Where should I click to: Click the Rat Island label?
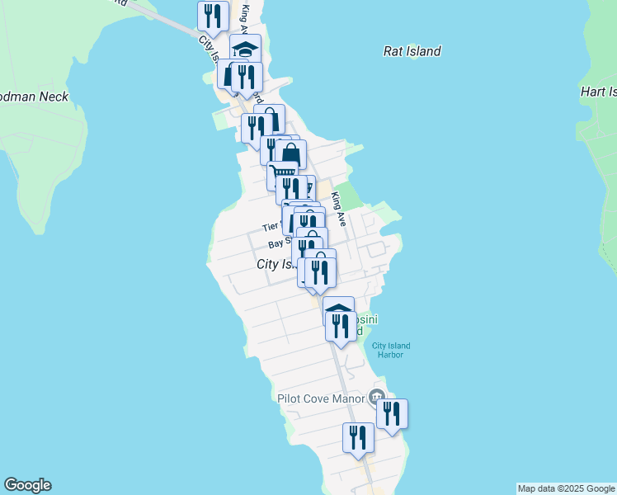click(x=412, y=51)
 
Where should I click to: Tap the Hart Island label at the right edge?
click(x=598, y=91)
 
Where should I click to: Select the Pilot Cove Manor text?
click(x=321, y=398)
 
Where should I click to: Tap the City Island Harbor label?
click(x=390, y=350)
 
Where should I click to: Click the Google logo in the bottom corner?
click(x=27, y=485)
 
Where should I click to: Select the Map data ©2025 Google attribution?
click(x=566, y=488)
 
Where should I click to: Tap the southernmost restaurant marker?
click(x=358, y=438)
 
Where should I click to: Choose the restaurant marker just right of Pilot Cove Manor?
click(x=392, y=414)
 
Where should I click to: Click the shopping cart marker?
click(x=283, y=174)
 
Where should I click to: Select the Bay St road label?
click(x=280, y=244)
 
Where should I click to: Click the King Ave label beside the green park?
click(x=337, y=201)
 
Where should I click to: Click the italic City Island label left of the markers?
click(x=276, y=264)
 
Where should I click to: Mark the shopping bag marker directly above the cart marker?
click(x=291, y=155)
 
